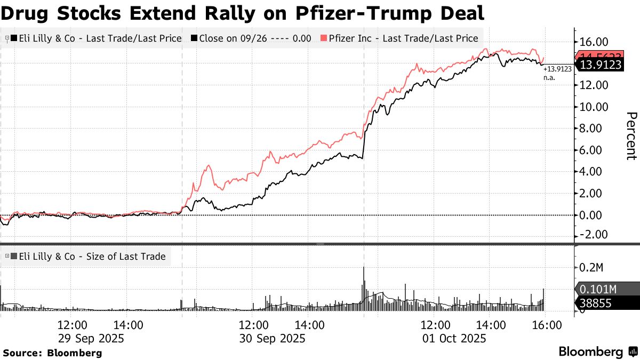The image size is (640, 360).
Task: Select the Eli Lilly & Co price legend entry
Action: [x=96, y=38]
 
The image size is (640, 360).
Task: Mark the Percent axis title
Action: [x=631, y=135]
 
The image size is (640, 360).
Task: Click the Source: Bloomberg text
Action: [x=52, y=353]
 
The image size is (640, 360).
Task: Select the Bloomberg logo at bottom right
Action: [x=597, y=352]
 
